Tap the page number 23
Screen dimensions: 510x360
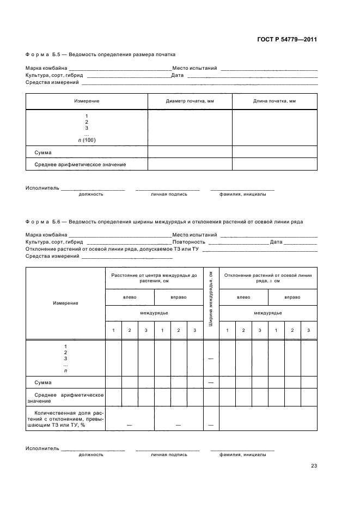314,465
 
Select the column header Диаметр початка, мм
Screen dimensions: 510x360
190,101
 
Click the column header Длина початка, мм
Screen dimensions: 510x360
274,101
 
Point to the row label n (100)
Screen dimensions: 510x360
87,140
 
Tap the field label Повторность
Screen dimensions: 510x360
188,242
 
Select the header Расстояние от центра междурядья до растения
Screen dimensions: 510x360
154,278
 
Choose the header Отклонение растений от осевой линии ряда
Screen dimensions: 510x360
267,278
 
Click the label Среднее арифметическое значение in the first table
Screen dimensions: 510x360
80,164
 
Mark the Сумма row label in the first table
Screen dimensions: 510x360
42,153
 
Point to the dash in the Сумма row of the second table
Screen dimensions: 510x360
210,382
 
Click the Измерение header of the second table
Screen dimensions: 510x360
65,303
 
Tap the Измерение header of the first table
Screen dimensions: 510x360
87,101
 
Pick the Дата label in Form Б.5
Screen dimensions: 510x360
177,75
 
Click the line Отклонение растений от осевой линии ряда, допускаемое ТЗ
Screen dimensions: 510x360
112,249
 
